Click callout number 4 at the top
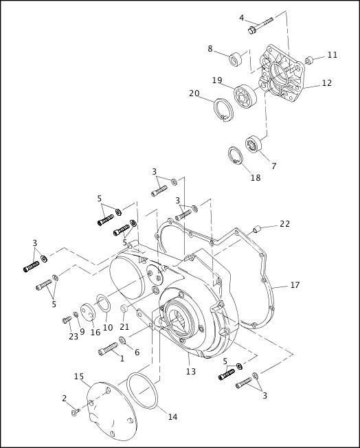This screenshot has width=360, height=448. (x=241, y=17)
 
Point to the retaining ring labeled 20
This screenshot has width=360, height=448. (x=222, y=110)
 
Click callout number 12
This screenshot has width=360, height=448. (x=326, y=83)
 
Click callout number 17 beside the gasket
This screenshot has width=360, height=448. (x=295, y=284)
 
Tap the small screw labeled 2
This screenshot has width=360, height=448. (x=76, y=410)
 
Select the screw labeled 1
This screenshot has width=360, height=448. (x=109, y=351)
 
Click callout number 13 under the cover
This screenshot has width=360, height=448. (x=190, y=371)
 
